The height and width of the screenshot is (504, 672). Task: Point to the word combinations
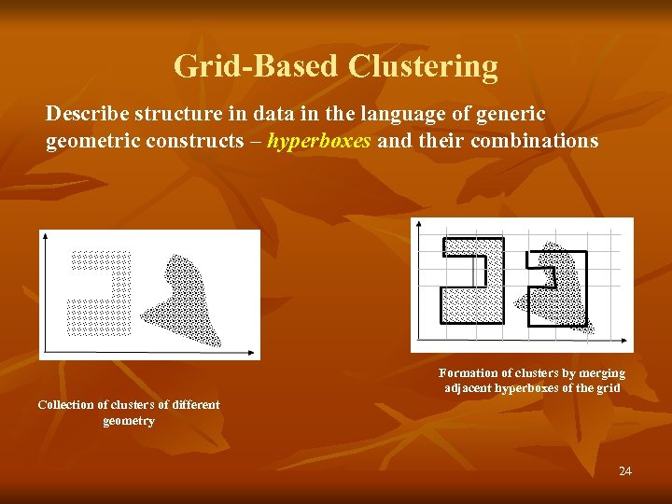tap(534, 141)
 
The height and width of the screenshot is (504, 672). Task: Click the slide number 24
tap(624, 471)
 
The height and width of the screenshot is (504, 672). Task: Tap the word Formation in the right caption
tap(468, 373)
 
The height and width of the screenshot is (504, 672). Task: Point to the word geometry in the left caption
tap(129, 421)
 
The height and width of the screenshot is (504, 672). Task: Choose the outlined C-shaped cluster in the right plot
tap(463, 280)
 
